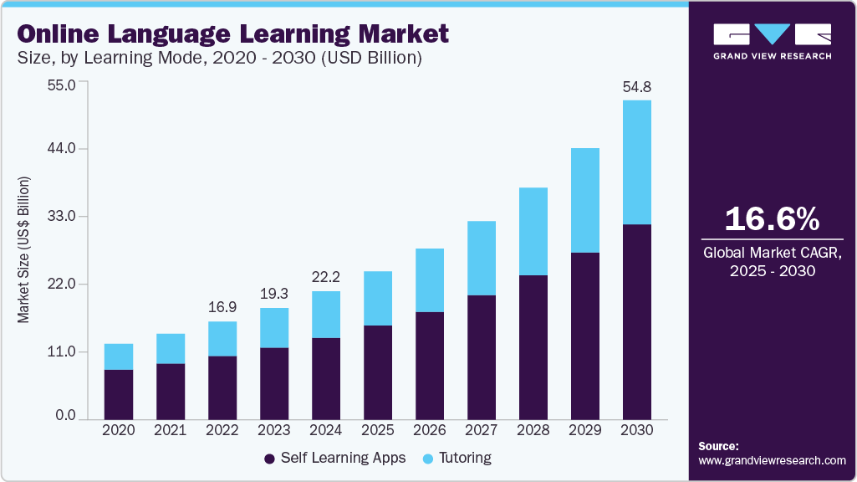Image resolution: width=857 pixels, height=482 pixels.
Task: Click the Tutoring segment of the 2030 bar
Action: pos(637,162)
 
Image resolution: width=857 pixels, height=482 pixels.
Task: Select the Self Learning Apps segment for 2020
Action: pos(119,394)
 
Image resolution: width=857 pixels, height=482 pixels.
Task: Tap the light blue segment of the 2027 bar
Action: pos(482,258)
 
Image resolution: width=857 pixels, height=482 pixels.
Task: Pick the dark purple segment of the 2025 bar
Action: pos(378,372)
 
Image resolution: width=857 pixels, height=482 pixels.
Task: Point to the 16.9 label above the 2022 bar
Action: pos(222,307)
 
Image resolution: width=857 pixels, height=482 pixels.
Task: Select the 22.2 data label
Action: pos(326,277)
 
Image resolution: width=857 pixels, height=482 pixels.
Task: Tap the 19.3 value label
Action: pos(274,294)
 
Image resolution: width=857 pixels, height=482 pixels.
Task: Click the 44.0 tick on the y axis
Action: pos(62,148)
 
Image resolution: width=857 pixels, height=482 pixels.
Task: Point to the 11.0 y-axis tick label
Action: pos(62,351)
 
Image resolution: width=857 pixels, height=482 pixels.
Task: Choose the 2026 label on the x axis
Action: pos(430,430)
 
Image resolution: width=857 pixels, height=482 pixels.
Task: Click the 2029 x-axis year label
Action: pos(585,430)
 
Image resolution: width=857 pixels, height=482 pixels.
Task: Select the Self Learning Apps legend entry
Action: pos(334,458)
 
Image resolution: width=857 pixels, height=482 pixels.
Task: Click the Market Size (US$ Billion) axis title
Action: pos(24,250)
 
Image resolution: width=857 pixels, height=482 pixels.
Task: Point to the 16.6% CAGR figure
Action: pos(771,219)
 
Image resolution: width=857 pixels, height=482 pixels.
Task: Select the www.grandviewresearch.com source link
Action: pos(772,460)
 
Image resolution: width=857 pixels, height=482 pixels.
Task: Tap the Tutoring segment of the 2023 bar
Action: pos(274,328)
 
